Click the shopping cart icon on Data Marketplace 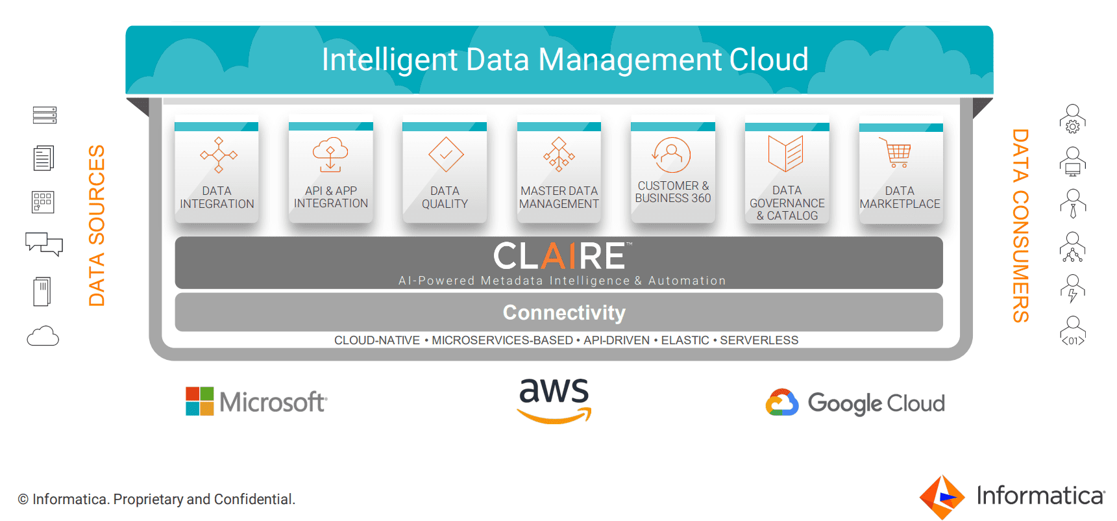[x=898, y=153]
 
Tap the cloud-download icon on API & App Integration [x=330, y=154]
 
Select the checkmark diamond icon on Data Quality [x=445, y=155]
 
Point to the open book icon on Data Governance [x=786, y=153]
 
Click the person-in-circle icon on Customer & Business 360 [x=672, y=155]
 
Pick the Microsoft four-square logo [x=200, y=401]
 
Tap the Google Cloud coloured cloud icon [x=781, y=403]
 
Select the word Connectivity [x=564, y=312]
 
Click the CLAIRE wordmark [x=559, y=256]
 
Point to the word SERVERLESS [x=759, y=340]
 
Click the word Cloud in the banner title [x=768, y=60]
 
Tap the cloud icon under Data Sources [x=43, y=337]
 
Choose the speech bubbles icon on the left [x=44, y=244]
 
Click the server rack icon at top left [x=45, y=115]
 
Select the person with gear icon [x=1072, y=119]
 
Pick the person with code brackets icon [x=1072, y=331]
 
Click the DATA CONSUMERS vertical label [x=1020, y=225]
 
